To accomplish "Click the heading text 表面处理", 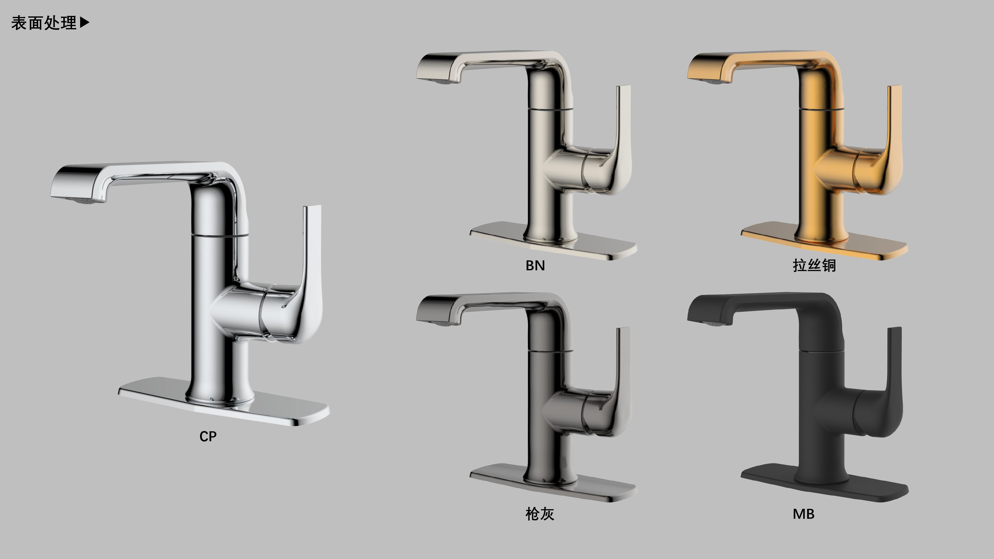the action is pos(43,23).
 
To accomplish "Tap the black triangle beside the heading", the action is pos(84,23).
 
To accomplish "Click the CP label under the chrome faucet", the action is pos(208,436).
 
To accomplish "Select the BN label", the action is pos(535,265).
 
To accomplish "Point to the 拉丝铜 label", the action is pos(814,265).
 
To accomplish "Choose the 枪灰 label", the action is pos(540,514).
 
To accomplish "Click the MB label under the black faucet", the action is pos(803,514).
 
